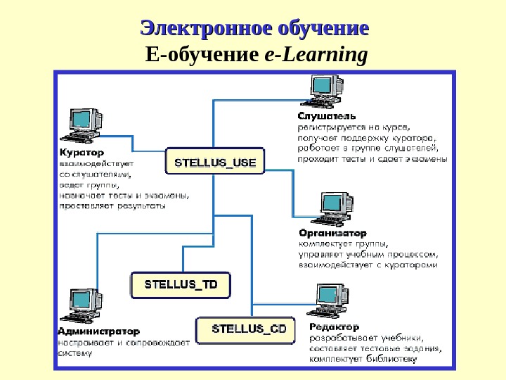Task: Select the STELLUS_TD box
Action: (181, 285)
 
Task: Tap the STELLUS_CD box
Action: (249, 329)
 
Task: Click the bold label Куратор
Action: (82, 152)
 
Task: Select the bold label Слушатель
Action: (326, 116)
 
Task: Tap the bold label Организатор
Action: (332, 233)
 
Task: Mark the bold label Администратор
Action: (98, 331)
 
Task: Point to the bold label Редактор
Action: (334, 327)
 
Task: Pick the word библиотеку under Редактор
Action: (392, 359)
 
